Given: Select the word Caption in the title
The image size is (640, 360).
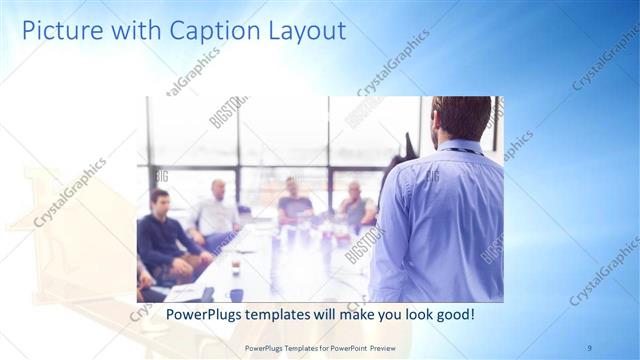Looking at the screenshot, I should tap(198, 31).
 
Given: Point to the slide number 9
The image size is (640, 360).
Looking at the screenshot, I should tap(589, 347).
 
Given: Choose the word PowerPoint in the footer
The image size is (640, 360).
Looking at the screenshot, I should tap(343, 347).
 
